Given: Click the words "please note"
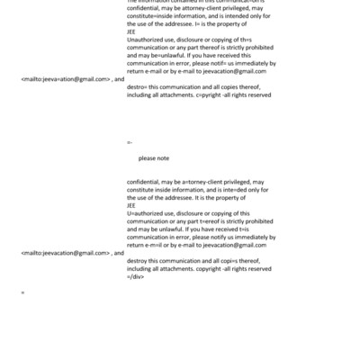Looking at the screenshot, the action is pos(154,158).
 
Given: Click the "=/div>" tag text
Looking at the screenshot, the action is pos(136,276).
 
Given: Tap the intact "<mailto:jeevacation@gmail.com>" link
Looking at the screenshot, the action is pos(65,253).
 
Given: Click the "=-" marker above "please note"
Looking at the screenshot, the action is pos(130,142).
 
